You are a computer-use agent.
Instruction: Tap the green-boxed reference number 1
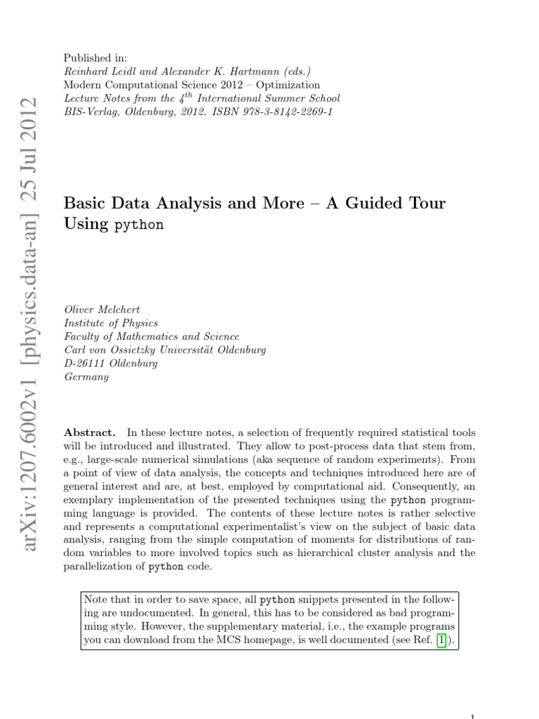pyautogui.click(x=441, y=640)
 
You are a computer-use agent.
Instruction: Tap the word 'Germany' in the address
pyautogui.click(x=86, y=377)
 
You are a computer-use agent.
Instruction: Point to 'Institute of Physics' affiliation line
pyautogui.click(x=111, y=323)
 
